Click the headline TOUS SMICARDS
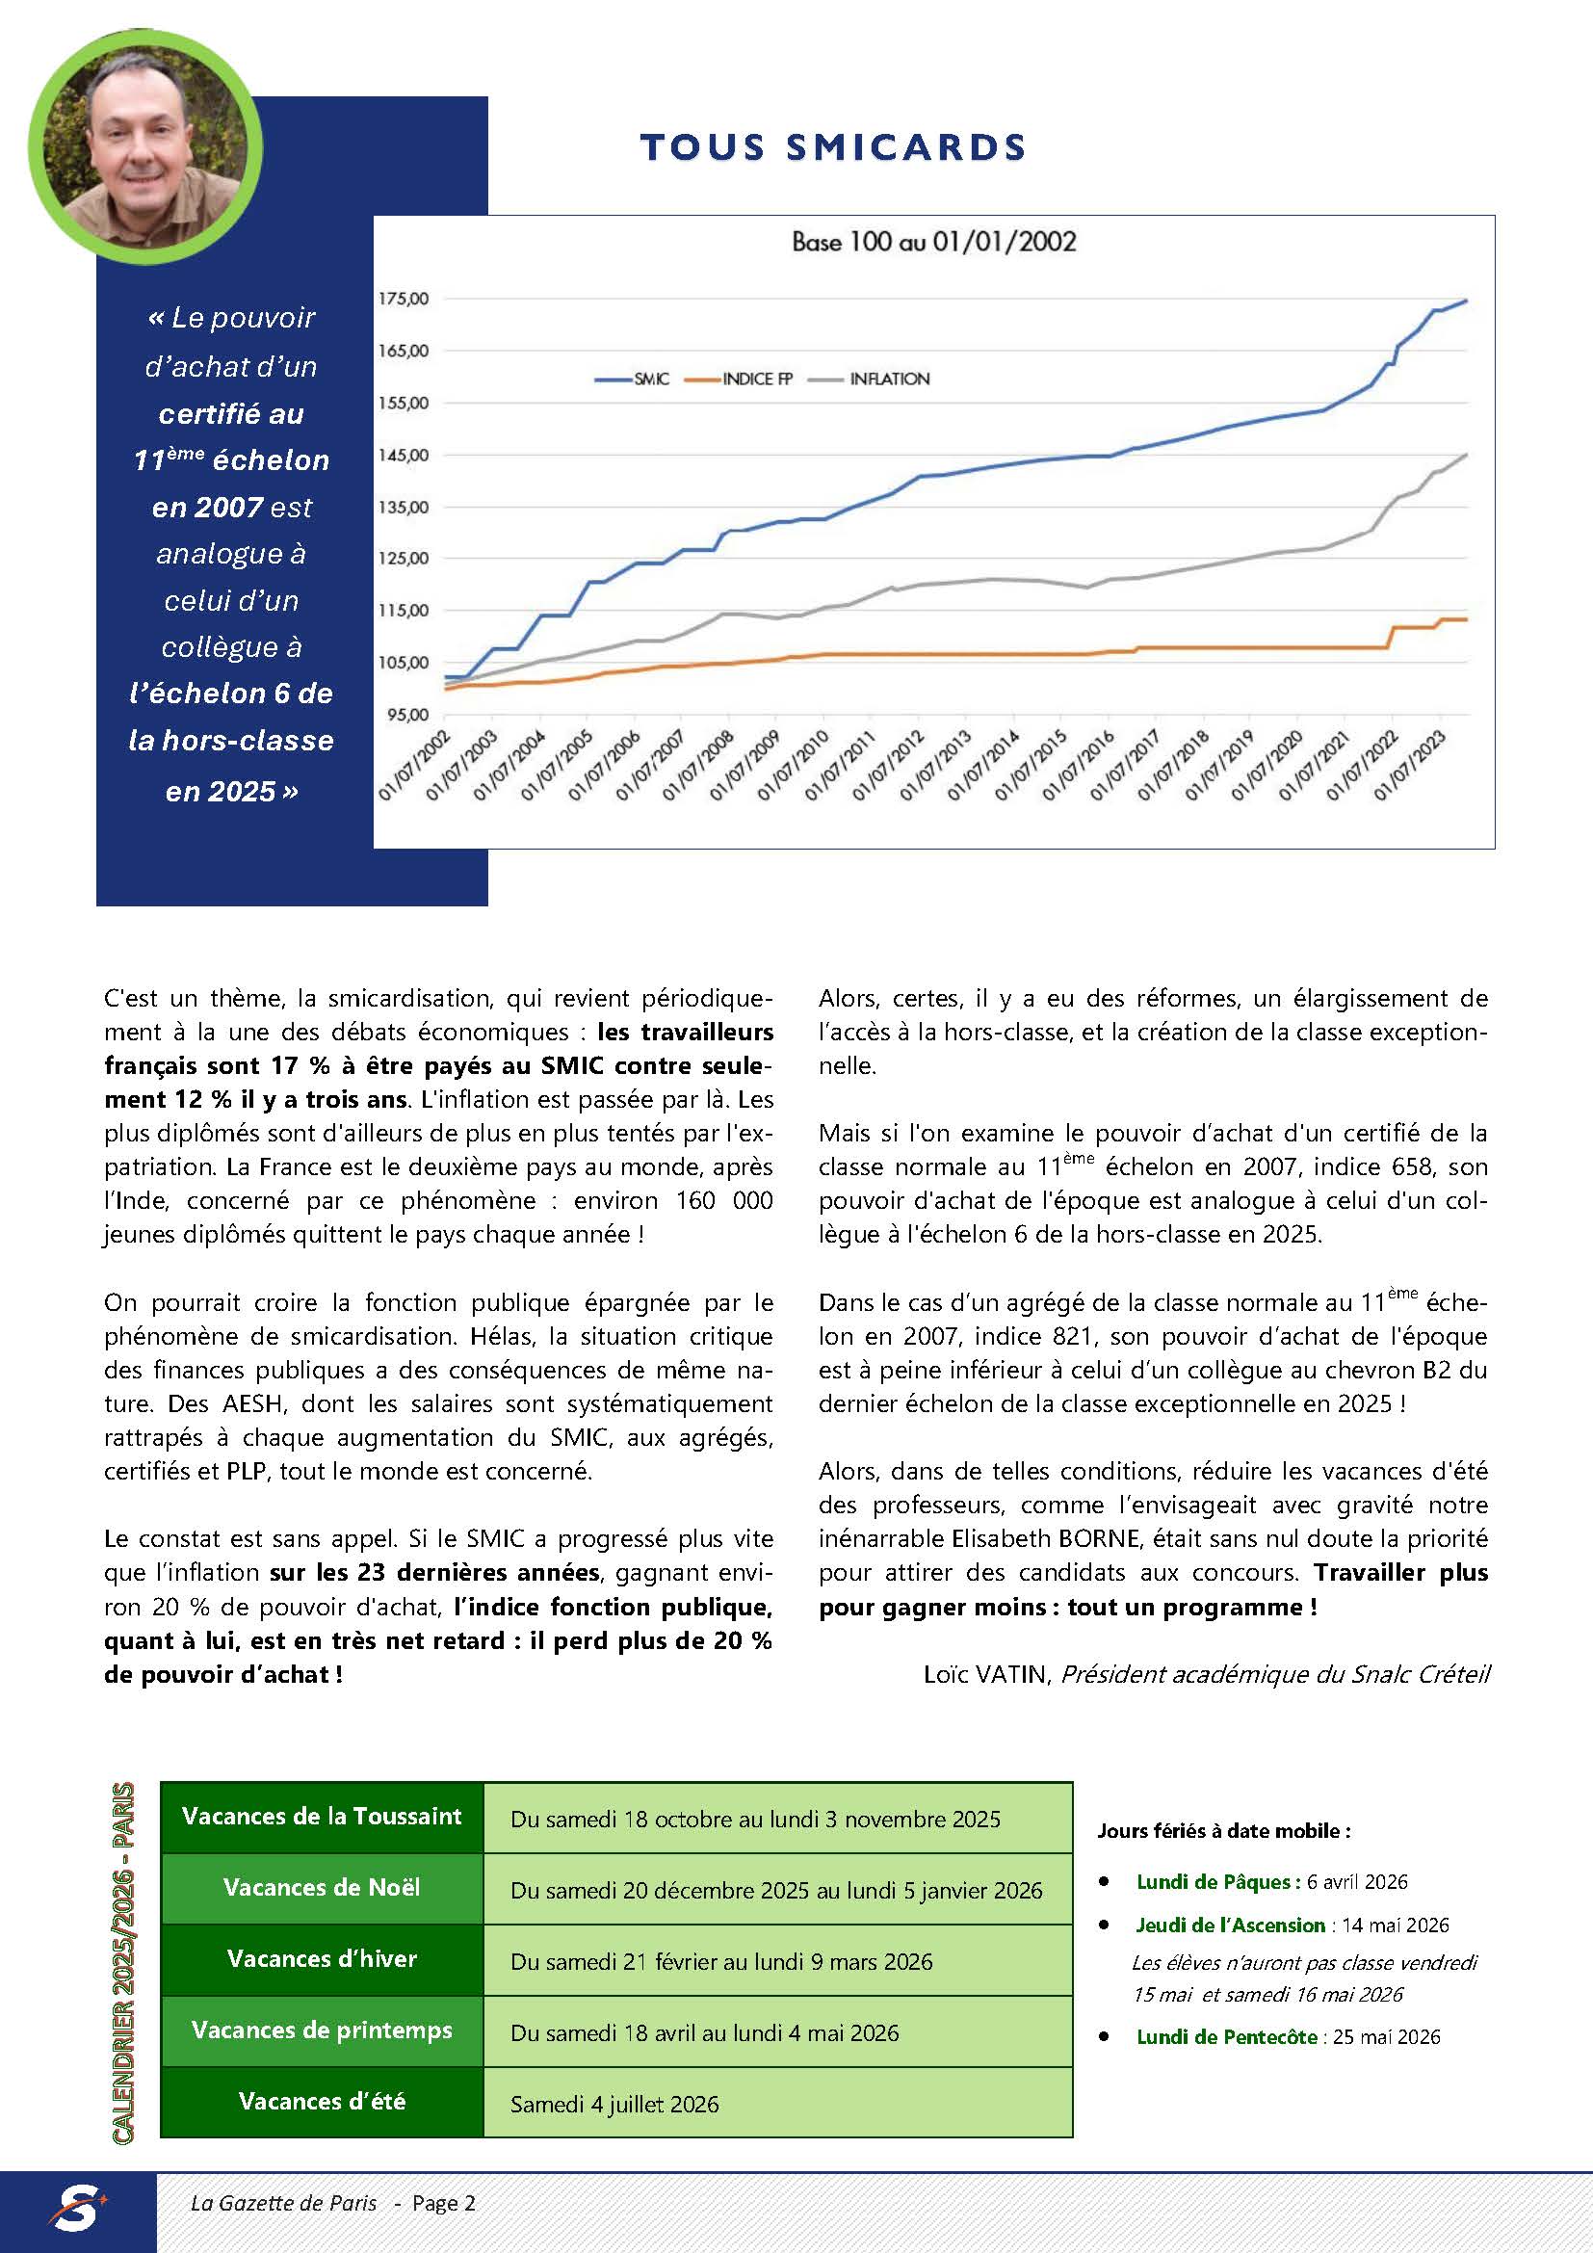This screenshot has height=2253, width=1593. [x=833, y=147]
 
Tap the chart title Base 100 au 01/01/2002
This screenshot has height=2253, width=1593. [x=933, y=242]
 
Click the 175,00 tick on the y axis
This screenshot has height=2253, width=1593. [x=404, y=299]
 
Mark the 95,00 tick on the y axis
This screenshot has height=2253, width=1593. [x=404, y=715]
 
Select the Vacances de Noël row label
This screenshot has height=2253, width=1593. [x=322, y=1887]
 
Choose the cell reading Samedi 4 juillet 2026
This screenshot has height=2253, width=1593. [x=614, y=2104]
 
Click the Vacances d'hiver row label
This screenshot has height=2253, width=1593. [x=322, y=1958]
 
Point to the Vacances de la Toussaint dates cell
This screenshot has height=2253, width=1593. [x=755, y=1820]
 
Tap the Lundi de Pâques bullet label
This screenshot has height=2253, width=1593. [x=1217, y=1881]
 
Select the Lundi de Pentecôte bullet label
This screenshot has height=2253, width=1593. [x=1226, y=2036]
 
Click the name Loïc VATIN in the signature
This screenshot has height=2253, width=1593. [x=985, y=1674]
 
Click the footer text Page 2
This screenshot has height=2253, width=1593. [x=443, y=2203]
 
